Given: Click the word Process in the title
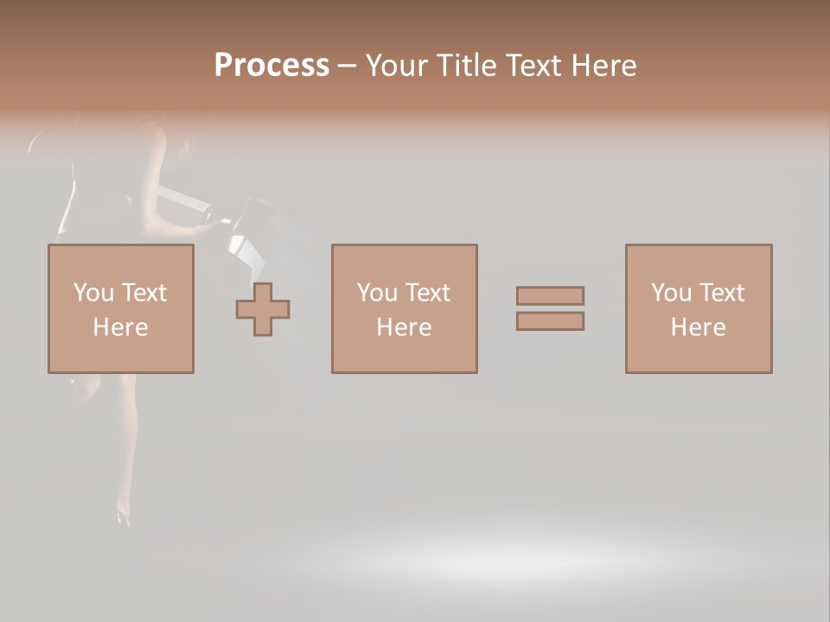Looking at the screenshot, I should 271,66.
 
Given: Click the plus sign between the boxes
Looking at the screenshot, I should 263,308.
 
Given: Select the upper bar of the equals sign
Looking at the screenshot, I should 551,295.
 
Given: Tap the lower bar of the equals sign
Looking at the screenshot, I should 551,321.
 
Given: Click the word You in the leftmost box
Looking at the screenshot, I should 93,293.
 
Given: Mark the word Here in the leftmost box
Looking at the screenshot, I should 120,327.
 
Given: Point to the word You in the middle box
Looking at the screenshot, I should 377,293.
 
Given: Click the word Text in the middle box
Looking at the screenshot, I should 427,293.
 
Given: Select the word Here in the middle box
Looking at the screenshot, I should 405,327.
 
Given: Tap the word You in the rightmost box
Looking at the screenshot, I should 671,293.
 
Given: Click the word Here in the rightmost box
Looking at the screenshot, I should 699,327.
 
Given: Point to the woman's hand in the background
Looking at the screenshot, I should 204,228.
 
